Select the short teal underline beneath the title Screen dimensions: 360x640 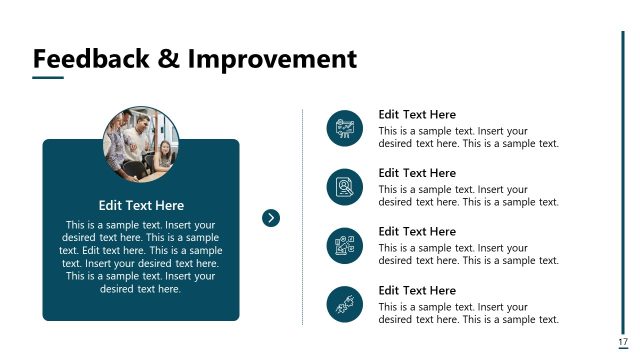48,78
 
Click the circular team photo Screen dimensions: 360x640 141,144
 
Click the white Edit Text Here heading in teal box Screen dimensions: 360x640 141,205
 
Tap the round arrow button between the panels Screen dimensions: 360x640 270,218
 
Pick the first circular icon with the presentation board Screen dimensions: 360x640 344,128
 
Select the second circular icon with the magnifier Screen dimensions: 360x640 344,187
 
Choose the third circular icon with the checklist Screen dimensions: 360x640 344,245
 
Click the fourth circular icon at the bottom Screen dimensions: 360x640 344,304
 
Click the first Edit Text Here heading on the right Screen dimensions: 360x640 417,115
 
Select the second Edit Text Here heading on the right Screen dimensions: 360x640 417,173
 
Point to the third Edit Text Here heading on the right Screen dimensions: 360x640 417,232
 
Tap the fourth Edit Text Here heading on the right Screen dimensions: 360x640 417,290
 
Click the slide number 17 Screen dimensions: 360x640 623,342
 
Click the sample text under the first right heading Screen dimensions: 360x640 468,137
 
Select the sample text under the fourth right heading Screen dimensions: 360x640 468,313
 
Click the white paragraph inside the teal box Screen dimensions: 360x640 141,257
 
